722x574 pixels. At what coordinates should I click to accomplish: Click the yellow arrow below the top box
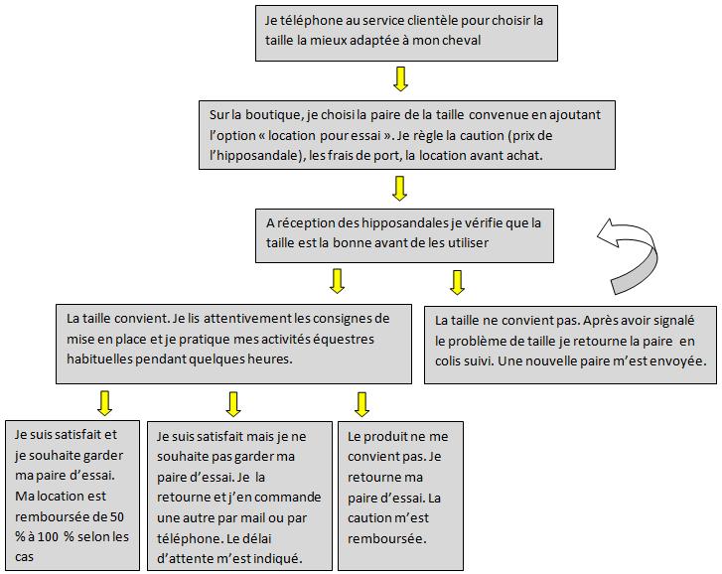click(x=401, y=78)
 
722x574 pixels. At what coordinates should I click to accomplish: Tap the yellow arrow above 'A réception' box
click(x=401, y=186)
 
